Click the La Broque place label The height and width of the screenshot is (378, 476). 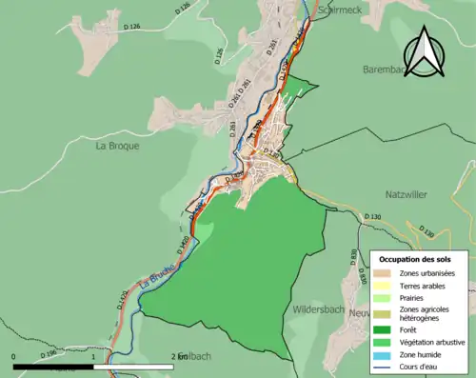pyautogui.click(x=118, y=147)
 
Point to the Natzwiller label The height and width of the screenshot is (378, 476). pyautogui.click(x=410, y=192)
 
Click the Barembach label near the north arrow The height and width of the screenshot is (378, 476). pyautogui.click(x=385, y=70)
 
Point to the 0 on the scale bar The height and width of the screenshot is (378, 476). pyautogui.click(x=14, y=356)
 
